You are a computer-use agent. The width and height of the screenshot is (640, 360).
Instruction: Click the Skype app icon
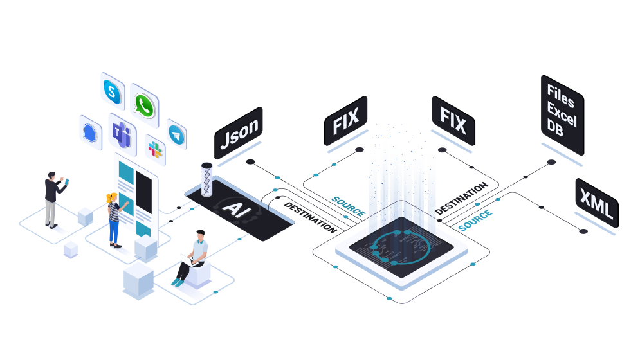tap(113, 91)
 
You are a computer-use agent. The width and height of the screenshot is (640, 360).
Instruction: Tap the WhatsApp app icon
tap(145, 105)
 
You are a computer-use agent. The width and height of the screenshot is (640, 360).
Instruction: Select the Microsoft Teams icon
tap(122, 134)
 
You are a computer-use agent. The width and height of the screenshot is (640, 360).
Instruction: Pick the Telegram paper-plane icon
tap(177, 135)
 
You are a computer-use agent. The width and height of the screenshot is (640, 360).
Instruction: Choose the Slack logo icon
tap(155, 150)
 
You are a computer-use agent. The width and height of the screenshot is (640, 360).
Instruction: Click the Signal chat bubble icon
tap(90, 132)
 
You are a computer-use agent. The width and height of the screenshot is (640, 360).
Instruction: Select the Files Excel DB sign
tap(562, 114)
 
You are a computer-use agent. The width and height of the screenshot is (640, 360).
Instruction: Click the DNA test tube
tap(206, 179)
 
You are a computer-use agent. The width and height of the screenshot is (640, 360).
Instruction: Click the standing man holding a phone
tap(54, 199)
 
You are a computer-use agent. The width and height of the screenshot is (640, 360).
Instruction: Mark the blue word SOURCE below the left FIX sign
tap(349, 206)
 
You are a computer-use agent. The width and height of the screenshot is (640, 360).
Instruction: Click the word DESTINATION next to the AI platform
tap(311, 217)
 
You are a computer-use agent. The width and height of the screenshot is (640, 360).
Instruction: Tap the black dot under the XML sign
tap(583, 231)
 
